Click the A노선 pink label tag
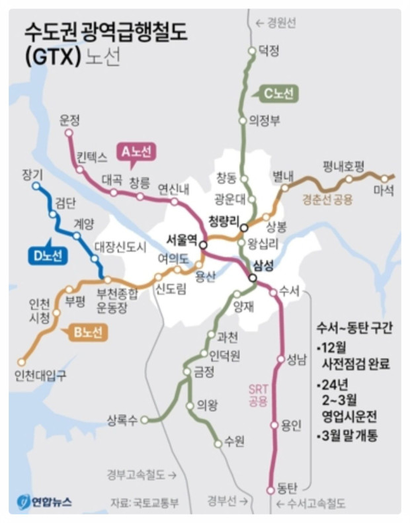pos(136,151)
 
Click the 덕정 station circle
pos(251,51)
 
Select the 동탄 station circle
pos(270,490)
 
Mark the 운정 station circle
pos(68,132)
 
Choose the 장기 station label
pos(31,174)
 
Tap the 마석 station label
pos(384,190)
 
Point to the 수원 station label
pos(234,440)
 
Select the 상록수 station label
pos(123,419)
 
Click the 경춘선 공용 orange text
pos(327,198)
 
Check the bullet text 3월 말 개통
pos(350,437)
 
